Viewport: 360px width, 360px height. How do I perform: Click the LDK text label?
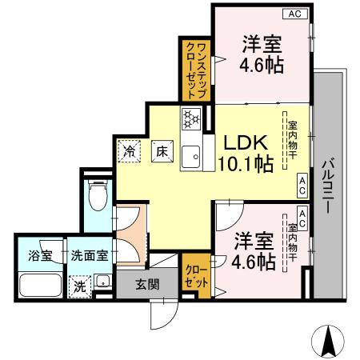(x=246, y=142)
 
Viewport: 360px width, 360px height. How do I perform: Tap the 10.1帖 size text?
(x=246, y=164)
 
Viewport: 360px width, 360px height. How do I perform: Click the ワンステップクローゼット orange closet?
(x=195, y=71)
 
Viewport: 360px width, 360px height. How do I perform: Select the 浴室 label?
(x=30, y=256)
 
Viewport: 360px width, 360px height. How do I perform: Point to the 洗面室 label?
(x=90, y=256)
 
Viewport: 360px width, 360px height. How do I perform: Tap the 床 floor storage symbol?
(x=160, y=150)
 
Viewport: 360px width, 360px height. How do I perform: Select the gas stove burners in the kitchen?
(x=191, y=119)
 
